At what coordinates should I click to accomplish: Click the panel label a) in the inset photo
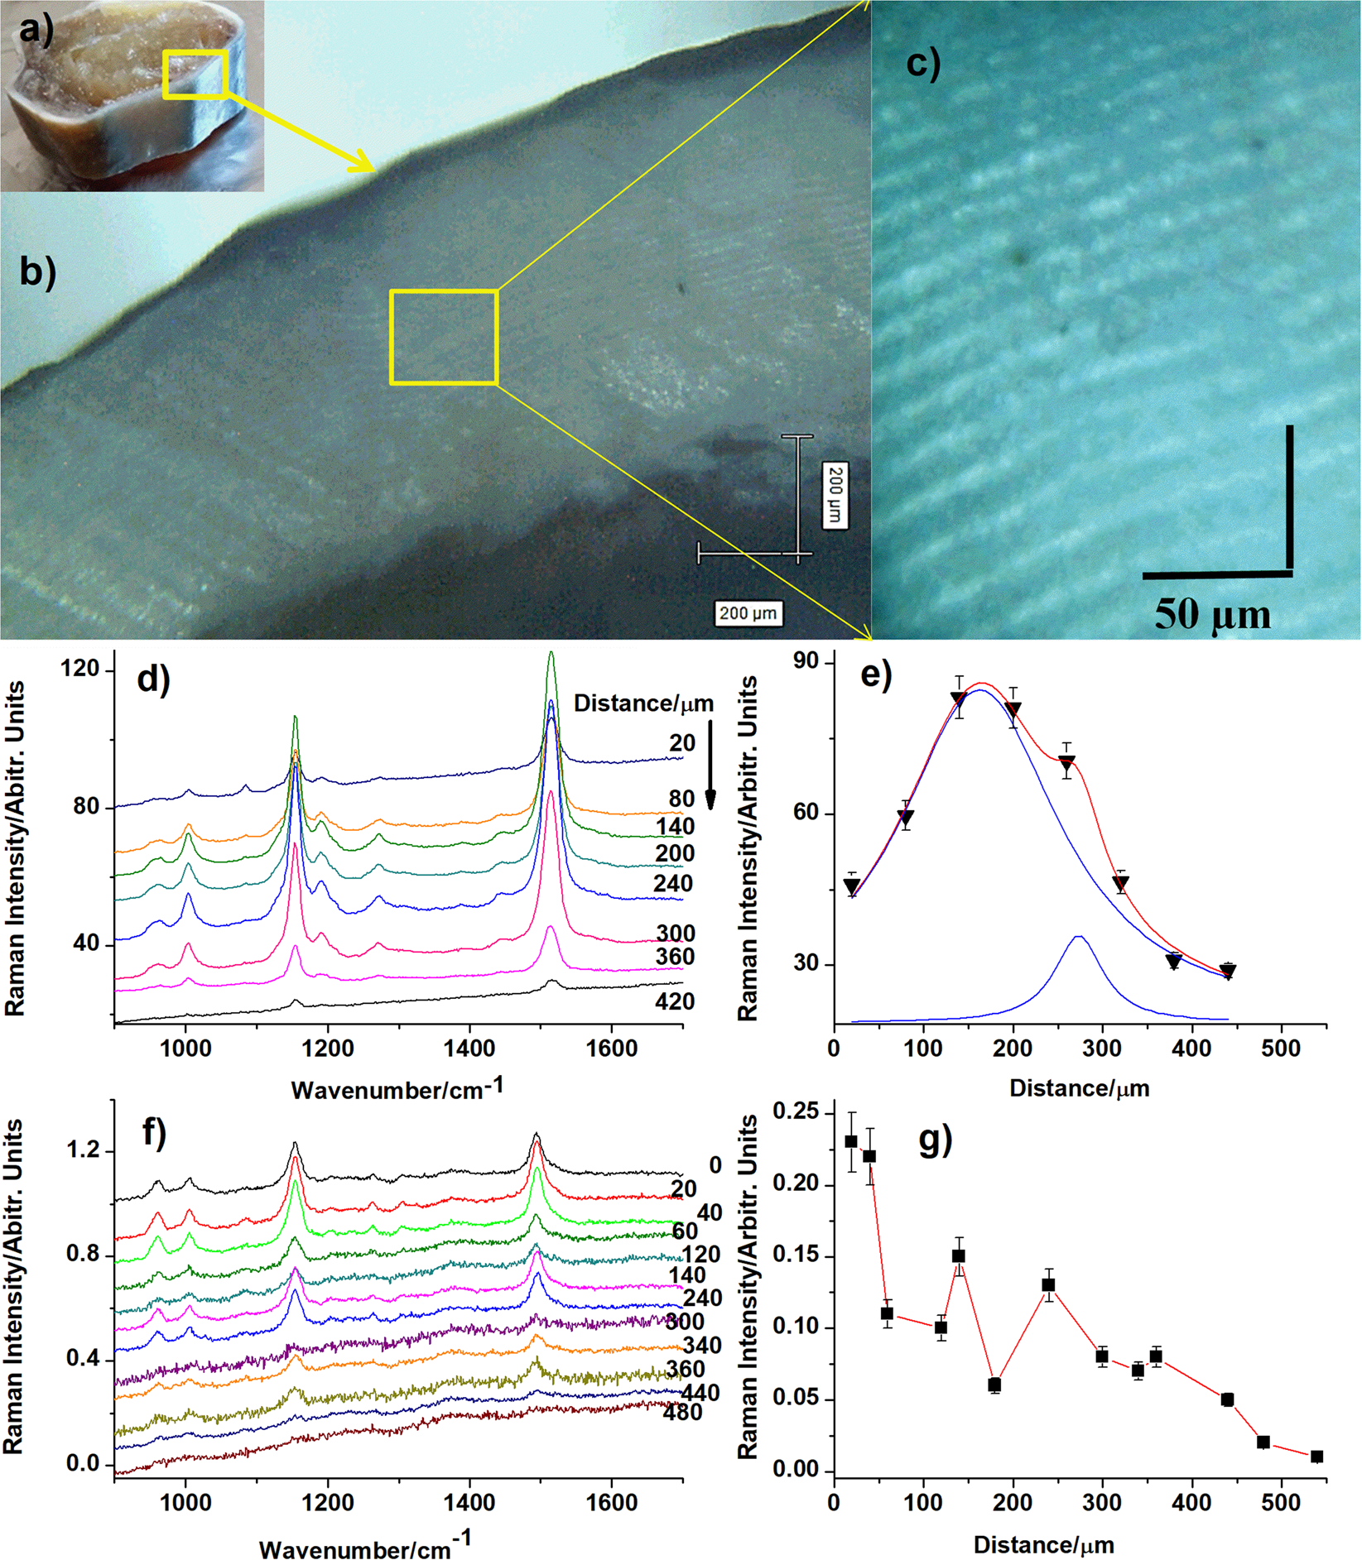click(x=36, y=31)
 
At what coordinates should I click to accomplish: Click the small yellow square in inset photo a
click(x=195, y=74)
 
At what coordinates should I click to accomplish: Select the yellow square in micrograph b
click(x=443, y=337)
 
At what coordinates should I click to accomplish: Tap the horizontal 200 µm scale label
click(x=748, y=613)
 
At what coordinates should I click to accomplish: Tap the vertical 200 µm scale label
click(x=835, y=495)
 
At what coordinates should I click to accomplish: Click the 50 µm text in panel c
click(x=1212, y=615)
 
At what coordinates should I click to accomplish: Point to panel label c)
click(x=923, y=64)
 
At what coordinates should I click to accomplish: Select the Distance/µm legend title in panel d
click(x=643, y=703)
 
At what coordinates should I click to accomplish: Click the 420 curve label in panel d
click(x=674, y=1001)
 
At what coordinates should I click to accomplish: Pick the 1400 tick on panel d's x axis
click(x=469, y=1049)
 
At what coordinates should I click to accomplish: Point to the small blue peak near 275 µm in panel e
click(x=1079, y=937)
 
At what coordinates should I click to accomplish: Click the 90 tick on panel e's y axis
click(x=805, y=662)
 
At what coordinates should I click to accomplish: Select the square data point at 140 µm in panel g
click(x=959, y=1255)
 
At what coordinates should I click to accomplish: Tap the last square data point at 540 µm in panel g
click(x=1316, y=1456)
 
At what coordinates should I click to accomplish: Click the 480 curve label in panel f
click(x=683, y=1413)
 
